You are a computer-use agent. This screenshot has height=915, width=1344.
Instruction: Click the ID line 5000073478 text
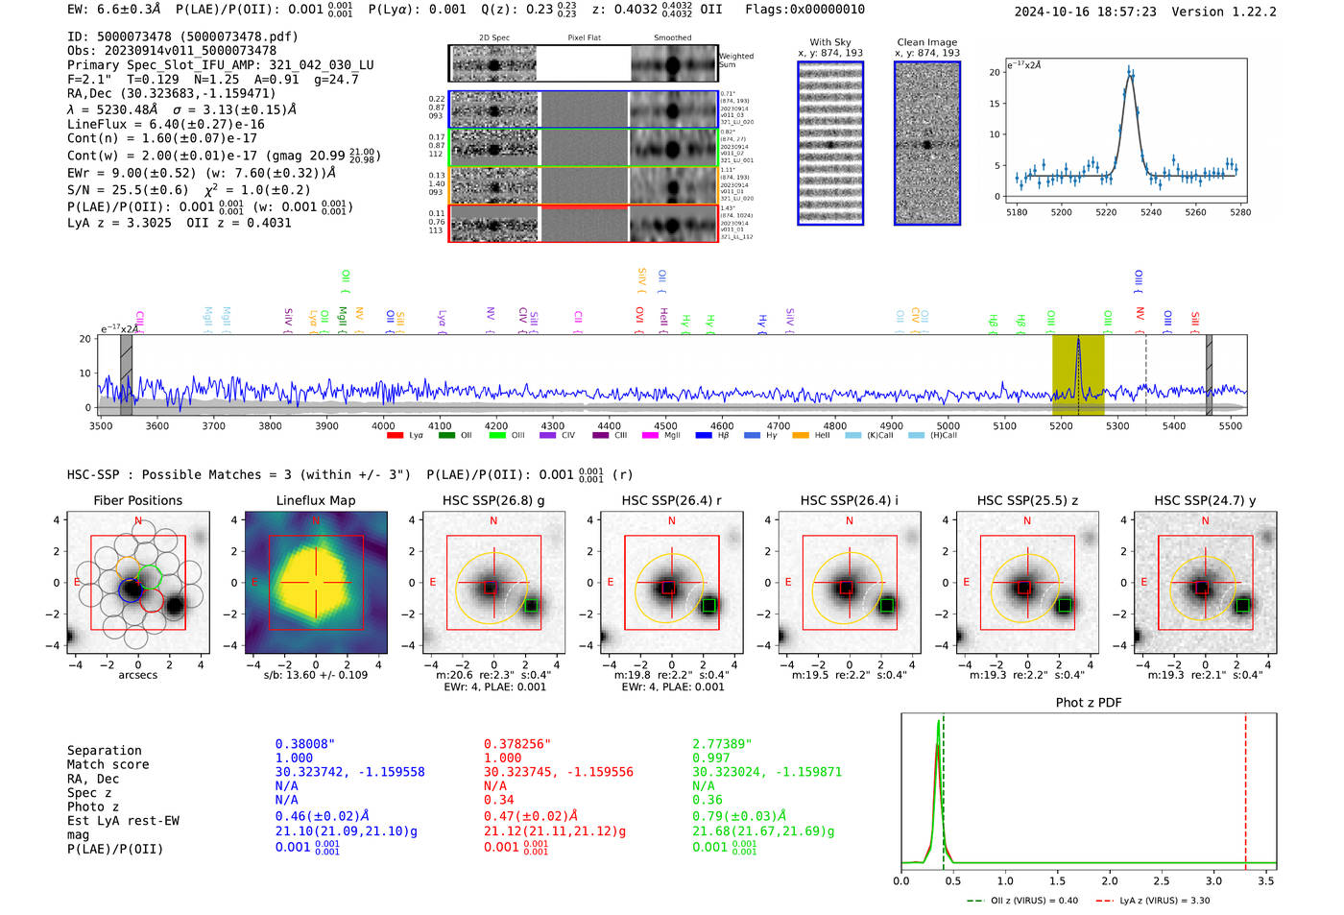182,36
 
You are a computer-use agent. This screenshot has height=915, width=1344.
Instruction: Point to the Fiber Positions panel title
137,500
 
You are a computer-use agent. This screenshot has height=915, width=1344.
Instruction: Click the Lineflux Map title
315,500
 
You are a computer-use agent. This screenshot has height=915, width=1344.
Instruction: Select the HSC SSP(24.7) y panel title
1205,500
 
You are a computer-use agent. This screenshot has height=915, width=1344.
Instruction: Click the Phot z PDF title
1089,703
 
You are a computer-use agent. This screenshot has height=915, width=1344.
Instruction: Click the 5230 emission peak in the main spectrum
1078,342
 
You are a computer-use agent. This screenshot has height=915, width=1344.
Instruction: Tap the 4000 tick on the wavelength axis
383,426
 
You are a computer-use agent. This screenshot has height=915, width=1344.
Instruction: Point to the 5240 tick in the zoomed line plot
1151,212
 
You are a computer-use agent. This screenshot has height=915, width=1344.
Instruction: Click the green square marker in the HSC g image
531,605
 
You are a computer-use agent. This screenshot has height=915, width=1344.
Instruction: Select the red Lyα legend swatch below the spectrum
395,436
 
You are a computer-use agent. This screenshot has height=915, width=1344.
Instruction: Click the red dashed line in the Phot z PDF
1245,787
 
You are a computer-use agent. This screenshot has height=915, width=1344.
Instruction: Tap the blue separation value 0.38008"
304,744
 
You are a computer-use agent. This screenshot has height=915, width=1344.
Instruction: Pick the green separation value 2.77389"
722,744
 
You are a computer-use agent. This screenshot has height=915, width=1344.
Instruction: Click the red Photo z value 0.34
498,800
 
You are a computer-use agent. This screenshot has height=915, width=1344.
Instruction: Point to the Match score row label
108,765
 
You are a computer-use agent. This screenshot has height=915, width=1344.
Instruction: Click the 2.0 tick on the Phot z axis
1110,880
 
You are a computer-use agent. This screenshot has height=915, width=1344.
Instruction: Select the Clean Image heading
926,42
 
